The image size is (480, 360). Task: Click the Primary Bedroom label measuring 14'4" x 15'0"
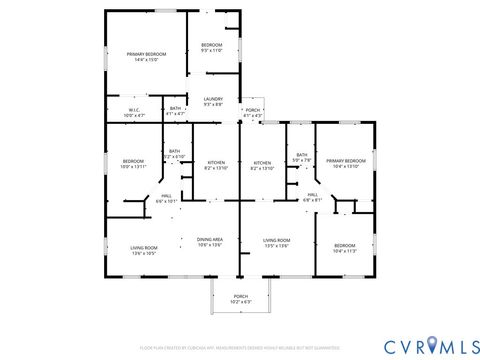pyautogui.click(x=147, y=56)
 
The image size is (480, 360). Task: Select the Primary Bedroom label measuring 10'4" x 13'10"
pyautogui.click(x=346, y=163)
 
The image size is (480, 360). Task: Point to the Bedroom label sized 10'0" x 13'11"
pyautogui.click(x=134, y=163)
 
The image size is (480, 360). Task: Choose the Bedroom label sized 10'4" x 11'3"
pyautogui.click(x=344, y=248)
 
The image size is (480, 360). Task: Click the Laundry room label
pyautogui.click(x=213, y=101)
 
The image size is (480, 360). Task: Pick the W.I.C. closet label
pyautogui.click(x=134, y=113)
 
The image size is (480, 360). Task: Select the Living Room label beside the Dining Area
pyautogui.click(x=144, y=250)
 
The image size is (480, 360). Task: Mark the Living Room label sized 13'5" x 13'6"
pyautogui.click(x=276, y=243)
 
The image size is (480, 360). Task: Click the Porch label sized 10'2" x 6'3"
pyautogui.click(x=240, y=298)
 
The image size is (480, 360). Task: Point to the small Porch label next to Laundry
pyautogui.click(x=252, y=112)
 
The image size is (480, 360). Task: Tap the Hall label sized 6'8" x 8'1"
pyautogui.click(x=312, y=197)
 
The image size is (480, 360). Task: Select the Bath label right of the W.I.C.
pyautogui.click(x=175, y=111)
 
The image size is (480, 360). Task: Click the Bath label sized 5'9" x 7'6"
pyautogui.click(x=301, y=157)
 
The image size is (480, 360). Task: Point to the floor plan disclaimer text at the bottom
pyautogui.click(x=240, y=347)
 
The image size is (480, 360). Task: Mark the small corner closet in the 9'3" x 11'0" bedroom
pyautogui.click(x=232, y=22)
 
